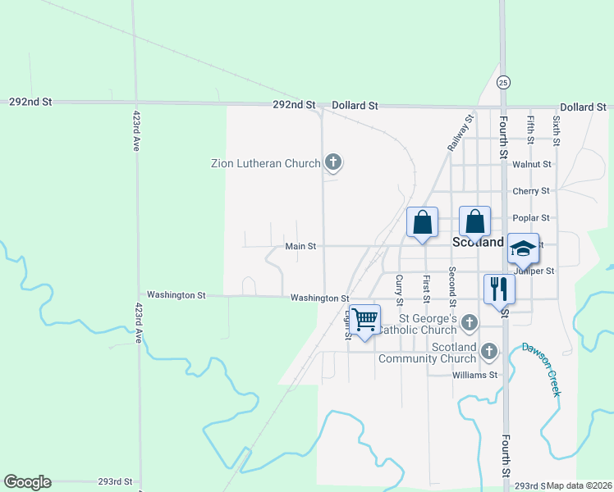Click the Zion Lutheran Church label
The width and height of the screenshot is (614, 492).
click(265, 163)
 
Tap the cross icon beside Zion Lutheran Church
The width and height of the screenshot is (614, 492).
click(333, 162)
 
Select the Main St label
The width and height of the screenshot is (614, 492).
click(300, 246)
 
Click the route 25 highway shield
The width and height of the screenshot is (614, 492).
click(503, 82)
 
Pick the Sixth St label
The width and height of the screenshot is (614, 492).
click(557, 130)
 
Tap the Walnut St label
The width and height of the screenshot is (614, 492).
click(531, 164)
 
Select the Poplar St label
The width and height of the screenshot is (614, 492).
click(530, 218)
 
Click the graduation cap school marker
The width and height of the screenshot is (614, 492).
click(523, 248)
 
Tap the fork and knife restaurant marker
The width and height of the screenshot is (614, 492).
click(499, 289)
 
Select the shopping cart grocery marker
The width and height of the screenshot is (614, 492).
click(364, 319)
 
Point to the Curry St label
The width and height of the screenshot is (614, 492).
click(400, 289)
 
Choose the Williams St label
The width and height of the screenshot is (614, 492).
click(475, 375)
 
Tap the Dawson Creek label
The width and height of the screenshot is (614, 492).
click(542, 369)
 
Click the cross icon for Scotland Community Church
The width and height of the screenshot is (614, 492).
click(489, 352)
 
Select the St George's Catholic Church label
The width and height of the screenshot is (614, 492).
click(428, 324)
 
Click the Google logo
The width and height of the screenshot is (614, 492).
click(27, 482)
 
